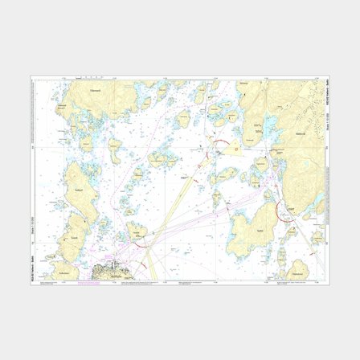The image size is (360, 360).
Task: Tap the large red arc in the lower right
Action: tap(284, 211)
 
